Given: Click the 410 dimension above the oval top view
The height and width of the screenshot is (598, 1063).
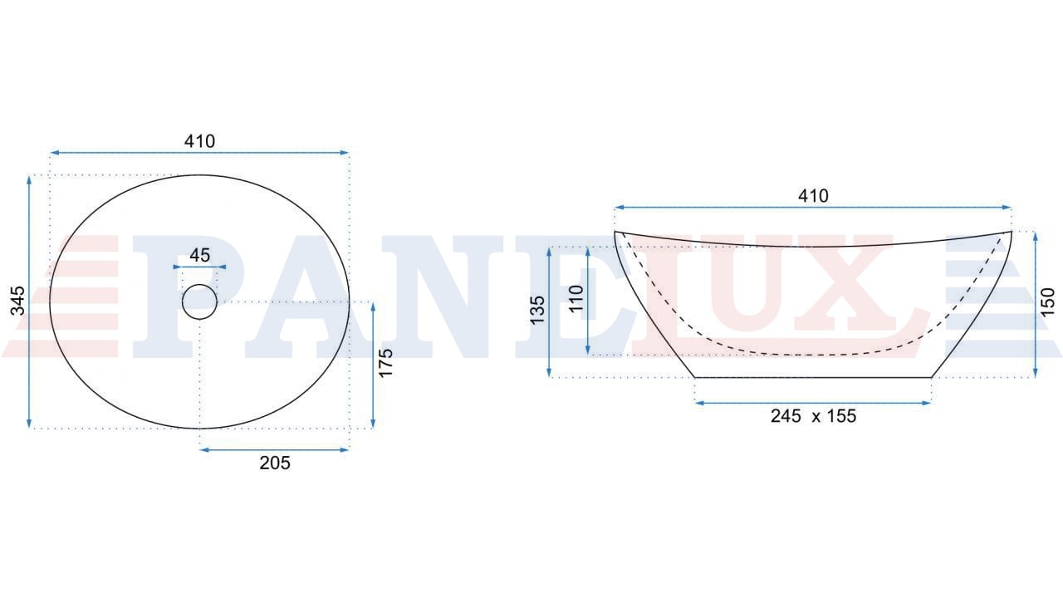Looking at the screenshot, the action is pos(199,141).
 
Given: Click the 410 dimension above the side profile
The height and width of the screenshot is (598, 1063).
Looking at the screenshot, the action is pos(813,195).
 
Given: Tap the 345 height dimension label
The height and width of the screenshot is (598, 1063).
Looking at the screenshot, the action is pos(18,301).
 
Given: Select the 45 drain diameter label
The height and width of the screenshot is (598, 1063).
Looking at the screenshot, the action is pos(200,255).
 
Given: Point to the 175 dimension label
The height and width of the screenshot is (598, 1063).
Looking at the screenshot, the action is pos(386,363).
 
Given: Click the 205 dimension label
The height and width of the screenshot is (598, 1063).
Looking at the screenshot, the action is pos(275,463).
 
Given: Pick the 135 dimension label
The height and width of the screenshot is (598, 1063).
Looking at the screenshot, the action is pos(537,311).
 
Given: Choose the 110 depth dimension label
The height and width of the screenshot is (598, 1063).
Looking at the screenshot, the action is pos(576,298).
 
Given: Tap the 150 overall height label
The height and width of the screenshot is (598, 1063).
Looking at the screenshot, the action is pos(1047,302).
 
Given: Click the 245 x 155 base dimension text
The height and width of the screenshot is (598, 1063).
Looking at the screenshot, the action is pos(813,416).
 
